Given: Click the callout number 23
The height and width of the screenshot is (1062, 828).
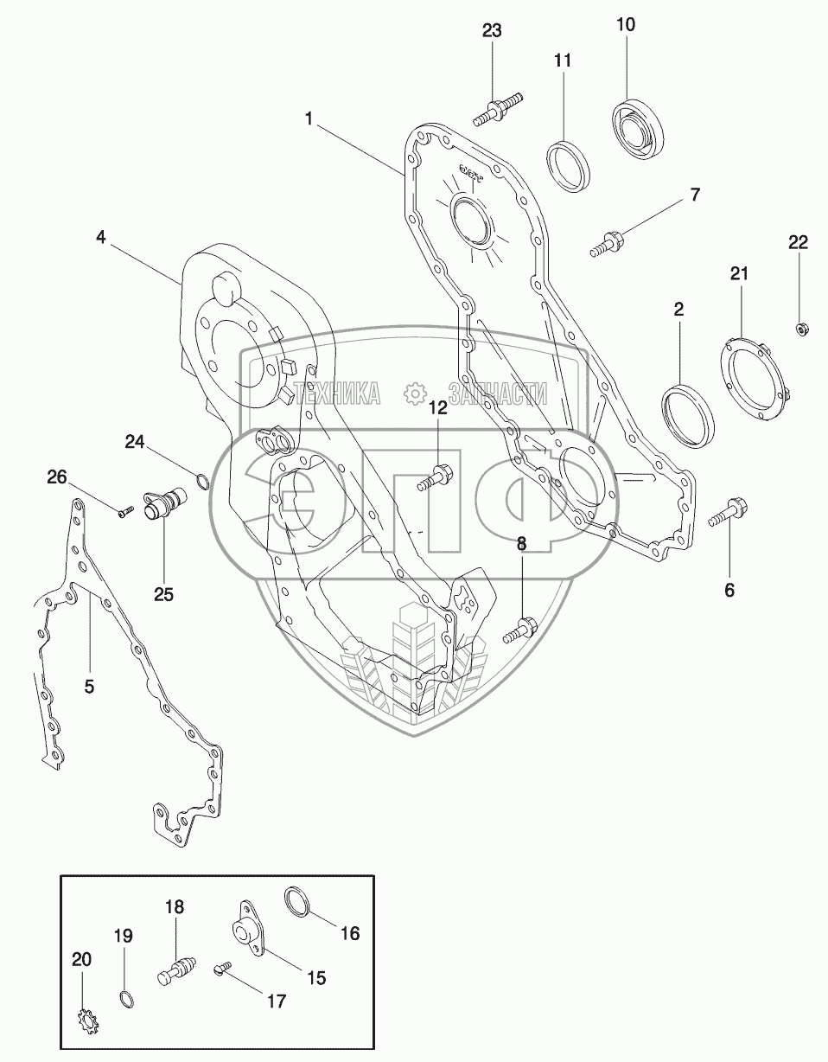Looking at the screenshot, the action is (x=492, y=31).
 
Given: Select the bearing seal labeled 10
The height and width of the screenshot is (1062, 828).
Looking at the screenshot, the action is (x=640, y=127).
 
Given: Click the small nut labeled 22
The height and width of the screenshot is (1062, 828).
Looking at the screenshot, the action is (x=800, y=327).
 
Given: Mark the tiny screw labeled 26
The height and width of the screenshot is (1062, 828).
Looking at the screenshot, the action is (x=123, y=513).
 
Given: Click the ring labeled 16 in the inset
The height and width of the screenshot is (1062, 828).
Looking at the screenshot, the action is (x=298, y=902).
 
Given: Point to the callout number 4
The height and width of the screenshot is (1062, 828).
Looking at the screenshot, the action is (x=101, y=237).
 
